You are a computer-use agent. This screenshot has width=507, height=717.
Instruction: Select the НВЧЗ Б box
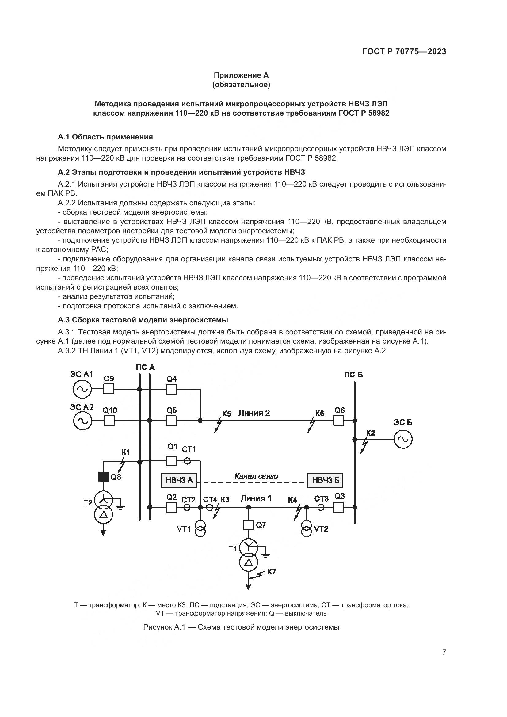[325, 481]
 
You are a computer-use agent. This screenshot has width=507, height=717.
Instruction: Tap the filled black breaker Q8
[103, 477]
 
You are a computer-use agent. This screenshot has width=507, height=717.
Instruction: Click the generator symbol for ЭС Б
[403, 439]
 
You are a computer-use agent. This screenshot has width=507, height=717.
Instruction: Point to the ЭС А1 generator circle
[82, 389]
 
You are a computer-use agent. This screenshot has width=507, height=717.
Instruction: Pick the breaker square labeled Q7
[249, 525]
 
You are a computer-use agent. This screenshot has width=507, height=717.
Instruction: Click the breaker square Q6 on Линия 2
[339, 421]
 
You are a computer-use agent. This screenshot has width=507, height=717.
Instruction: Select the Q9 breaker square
[109, 389]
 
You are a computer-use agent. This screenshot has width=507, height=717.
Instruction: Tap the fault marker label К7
[272, 572]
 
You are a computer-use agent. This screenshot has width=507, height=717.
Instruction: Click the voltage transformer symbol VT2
[307, 529]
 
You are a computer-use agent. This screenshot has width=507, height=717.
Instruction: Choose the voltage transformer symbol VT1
[200, 529]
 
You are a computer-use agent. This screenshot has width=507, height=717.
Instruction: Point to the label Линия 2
[254, 413]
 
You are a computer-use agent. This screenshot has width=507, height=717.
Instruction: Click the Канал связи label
[256, 476]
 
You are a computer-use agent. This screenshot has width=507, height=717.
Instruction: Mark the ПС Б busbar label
[353, 374]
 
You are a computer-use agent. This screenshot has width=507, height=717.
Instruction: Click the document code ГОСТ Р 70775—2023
[404, 52]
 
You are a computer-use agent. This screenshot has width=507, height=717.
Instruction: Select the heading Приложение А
[241, 75]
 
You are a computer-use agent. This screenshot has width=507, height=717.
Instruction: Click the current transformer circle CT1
[187, 461]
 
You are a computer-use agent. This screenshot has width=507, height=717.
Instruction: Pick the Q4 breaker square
[171, 389]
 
